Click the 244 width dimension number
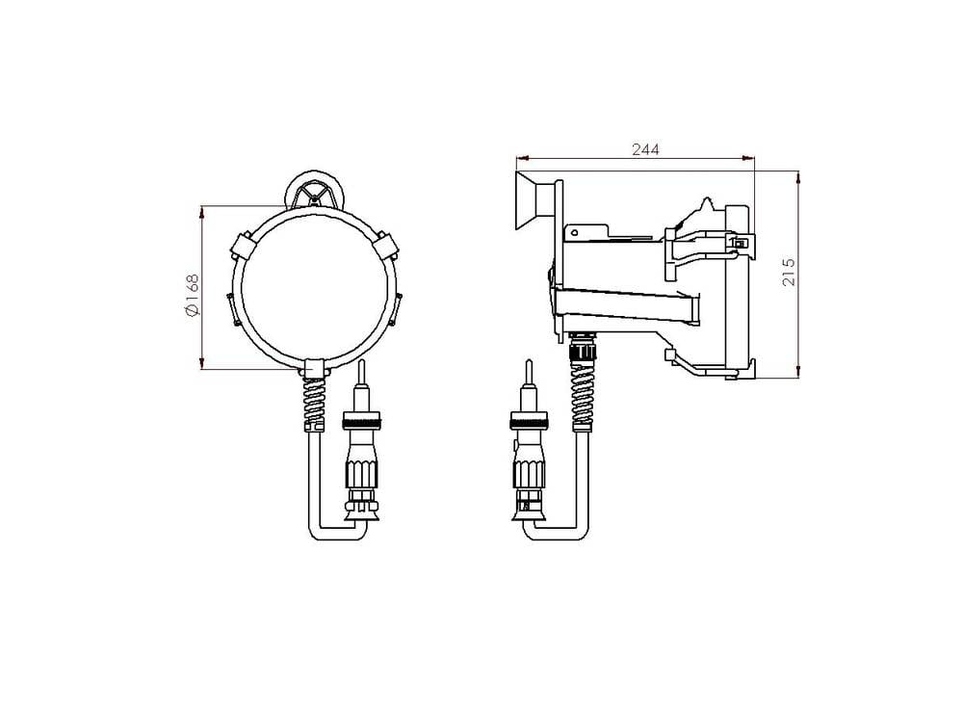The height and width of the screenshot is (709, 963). tap(645, 149)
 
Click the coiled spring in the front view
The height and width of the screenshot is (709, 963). tap(313, 403)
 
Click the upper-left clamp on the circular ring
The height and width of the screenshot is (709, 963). tap(243, 248)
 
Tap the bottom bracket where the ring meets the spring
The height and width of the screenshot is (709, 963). tap(313, 368)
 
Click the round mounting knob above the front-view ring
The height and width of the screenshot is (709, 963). tap(315, 192)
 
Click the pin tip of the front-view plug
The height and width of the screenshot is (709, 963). tap(362, 370)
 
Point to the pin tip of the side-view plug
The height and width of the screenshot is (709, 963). tap(528, 370)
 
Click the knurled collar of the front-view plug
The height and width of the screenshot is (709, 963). tap(361, 421)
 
